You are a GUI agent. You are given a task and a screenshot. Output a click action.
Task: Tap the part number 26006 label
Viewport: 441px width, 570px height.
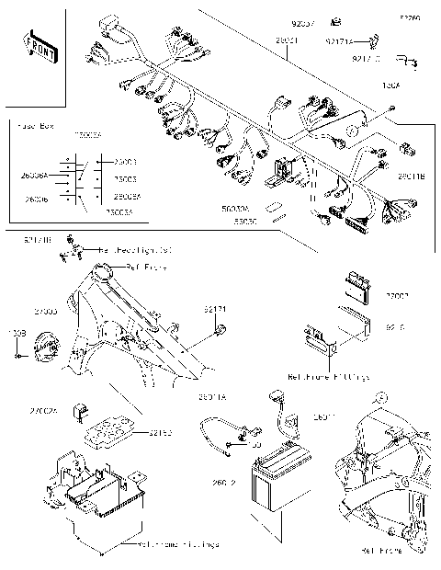[37, 199]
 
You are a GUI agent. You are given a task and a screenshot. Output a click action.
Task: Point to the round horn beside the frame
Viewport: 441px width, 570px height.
[46, 353]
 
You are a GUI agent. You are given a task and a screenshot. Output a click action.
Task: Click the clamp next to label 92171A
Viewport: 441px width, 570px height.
[375, 40]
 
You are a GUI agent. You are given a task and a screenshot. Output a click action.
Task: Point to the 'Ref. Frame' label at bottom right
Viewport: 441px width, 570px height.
[382, 551]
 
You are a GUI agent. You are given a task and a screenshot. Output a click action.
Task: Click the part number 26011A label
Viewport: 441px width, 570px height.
[212, 397]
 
